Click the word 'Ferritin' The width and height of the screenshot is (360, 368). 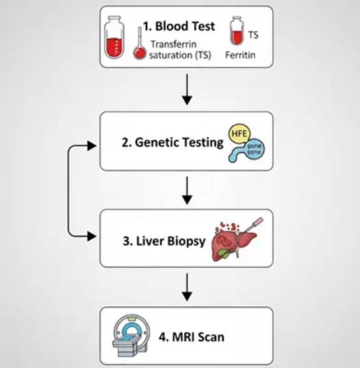click(239, 55)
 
